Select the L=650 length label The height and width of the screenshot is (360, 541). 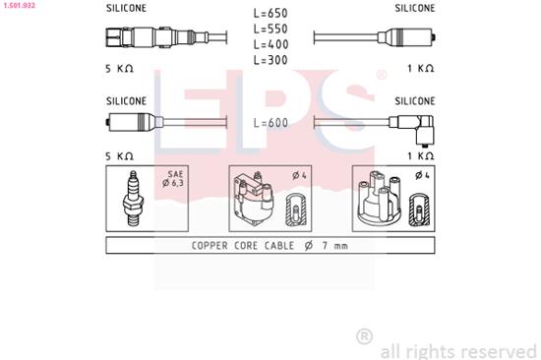[270, 15]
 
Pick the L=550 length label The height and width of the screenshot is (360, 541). [270, 30]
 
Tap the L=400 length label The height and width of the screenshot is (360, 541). [270, 45]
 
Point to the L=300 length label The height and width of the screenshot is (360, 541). [270, 60]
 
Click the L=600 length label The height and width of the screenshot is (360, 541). [270, 123]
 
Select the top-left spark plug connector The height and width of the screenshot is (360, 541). [128, 39]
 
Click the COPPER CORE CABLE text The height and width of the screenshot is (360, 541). [232, 246]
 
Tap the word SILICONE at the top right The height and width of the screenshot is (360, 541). [415, 7]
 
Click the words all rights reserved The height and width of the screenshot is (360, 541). [459, 350]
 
